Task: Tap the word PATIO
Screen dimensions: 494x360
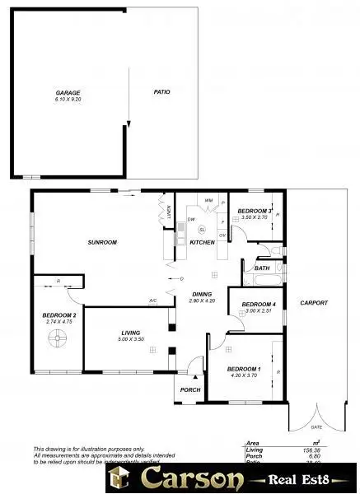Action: click(161, 92)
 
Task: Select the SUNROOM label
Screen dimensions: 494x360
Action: click(103, 242)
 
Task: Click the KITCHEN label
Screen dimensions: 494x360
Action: click(203, 243)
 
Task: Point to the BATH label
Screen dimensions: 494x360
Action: click(262, 268)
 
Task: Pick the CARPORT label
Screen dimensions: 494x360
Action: click(314, 303)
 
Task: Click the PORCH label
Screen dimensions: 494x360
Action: click(190, 389)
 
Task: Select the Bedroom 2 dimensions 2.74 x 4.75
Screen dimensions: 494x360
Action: click(58, 322)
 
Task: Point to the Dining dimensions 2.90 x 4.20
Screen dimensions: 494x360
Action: click(202, 301)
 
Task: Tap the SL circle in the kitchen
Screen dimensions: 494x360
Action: click(202, 230)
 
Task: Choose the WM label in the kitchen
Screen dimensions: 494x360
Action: click(209, 200)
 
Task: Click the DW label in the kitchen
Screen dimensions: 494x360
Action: click(190, 220)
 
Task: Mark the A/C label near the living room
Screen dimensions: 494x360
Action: click(152, 301)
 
